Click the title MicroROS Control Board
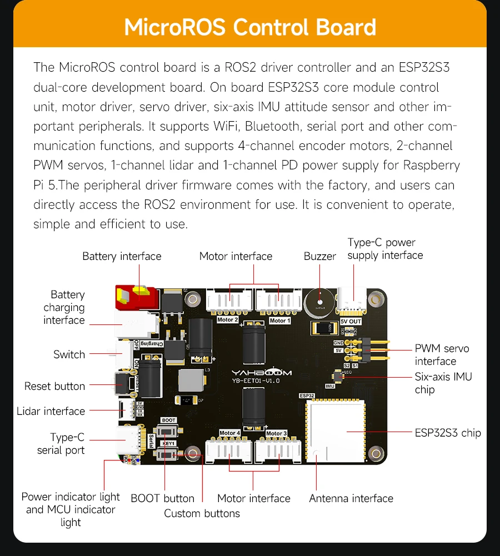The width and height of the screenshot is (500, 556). [250, 27]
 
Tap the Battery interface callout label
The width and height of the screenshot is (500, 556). [122, 256]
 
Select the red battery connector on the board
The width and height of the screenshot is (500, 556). [135, 298]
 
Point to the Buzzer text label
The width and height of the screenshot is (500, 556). [319, 256]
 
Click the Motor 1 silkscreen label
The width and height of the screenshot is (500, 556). [279, 320]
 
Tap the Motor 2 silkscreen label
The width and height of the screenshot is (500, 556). [227, 320]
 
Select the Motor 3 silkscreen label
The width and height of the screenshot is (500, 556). [276, 433]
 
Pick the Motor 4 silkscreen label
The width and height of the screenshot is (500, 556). [229, 433]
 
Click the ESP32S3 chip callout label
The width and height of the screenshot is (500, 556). [448, 433]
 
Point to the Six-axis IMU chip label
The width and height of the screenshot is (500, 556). [443, 383]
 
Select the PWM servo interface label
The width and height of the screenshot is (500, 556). [442, 354]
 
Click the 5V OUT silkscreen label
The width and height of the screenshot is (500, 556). [351, 322]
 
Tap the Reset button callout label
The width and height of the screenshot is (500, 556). [54, 386]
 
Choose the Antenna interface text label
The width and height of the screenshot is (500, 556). [351, 498]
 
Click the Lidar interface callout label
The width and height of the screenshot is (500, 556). [51, 411]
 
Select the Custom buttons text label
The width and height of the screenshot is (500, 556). [202, 513]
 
